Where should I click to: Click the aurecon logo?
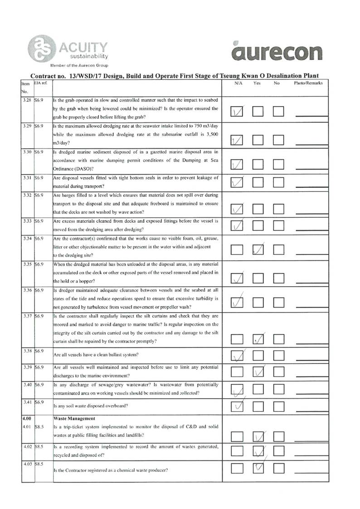coord(277,52)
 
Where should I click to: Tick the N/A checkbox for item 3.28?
coord(237,112)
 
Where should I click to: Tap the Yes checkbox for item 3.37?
coord(258,339)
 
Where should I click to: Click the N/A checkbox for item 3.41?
coord(237,406)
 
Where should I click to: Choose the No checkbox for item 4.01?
coord(278,436)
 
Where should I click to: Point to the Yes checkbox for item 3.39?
coord(258,372)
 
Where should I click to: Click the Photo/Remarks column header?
coord(308,84)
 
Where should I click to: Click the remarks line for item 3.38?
coord(311,359)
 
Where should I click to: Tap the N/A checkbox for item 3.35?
coord(237,277)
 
